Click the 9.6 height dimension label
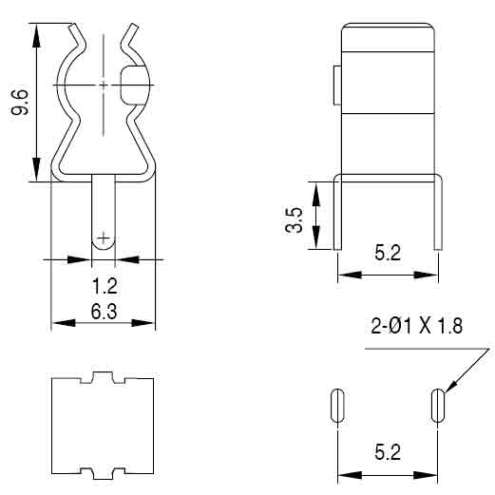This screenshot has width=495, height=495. pyautogui.click(x=20, y=102)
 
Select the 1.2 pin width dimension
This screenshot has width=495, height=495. pyautogui.click(x=105, y=286)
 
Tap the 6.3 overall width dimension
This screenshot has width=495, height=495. pyautogui.click(x=104, y=312)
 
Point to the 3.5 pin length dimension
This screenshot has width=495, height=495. pyautogui.click(x=294, y=219)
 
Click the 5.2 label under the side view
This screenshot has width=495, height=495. pyautogui.click(x=388, y=253)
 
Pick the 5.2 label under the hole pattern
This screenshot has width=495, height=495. pyautogui.click(x=388, y=452)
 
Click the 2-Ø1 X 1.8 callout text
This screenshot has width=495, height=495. pyautogui.click(x=416, y=326)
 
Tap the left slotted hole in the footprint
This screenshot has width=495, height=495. pyautogui.click(x=337, y=406)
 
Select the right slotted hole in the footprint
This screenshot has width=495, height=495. pyautogui.click(x=438, y=406)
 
